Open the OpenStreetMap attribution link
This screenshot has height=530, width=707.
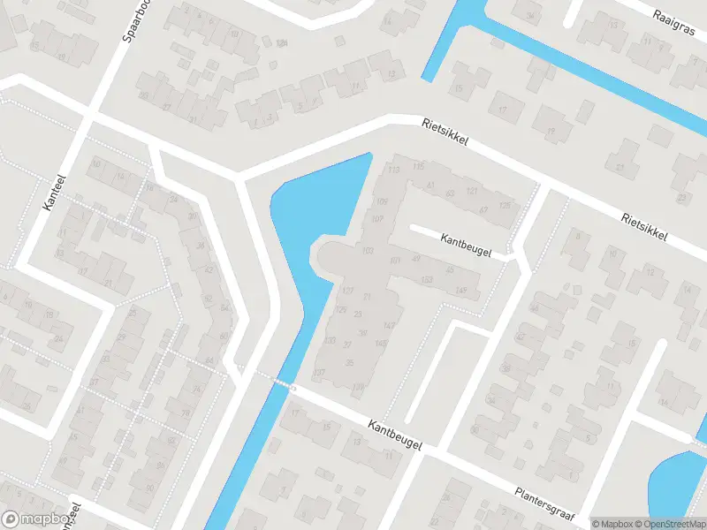coord(674,524)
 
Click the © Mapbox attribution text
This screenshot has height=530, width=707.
coord(614,524)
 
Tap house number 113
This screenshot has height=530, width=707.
coord(393,170)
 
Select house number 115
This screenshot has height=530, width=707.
coord(418,167)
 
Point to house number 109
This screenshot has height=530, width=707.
coord(383,202)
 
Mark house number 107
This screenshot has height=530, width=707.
coord(378,218)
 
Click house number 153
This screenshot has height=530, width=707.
coord(428,280)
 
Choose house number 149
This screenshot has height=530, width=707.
coord(460,291)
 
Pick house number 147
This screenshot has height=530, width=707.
coord(389,326)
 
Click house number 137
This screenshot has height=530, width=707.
coord(319,372)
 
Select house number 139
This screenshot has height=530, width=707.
coord(358,386)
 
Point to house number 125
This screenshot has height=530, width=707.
coord(505,206)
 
